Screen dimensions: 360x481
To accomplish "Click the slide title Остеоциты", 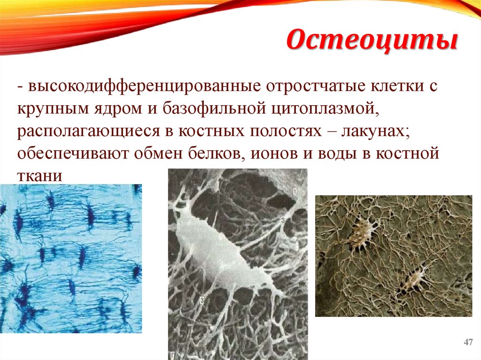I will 372,41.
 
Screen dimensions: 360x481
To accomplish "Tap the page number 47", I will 468,342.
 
